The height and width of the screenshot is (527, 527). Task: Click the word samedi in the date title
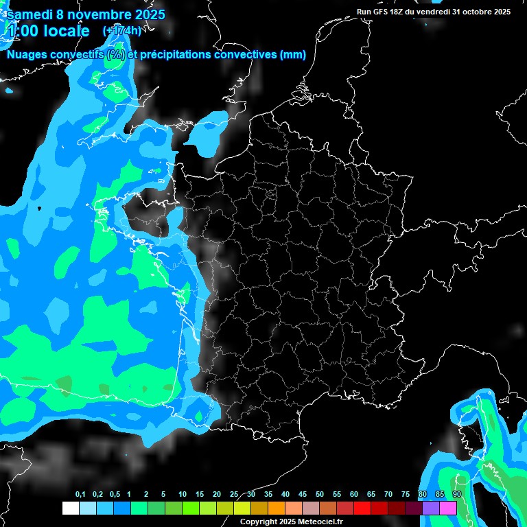coord(30,14)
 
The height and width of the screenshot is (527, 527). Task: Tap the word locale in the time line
coord(65,31)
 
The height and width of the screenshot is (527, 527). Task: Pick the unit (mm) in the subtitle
coord(293,55)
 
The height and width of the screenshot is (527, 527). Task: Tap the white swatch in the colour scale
coord(70,508)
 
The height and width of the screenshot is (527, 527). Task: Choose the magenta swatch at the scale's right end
coord(448,508)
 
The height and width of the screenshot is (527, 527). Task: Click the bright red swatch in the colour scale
coord(362,508)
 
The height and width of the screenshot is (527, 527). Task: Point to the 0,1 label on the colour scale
coord(80,494)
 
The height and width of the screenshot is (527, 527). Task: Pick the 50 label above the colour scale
coord(320,494)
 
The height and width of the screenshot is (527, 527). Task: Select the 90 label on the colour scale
coord(457,494)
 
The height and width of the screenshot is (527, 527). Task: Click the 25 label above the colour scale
coord(234,494)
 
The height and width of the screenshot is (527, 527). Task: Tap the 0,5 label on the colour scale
coord(115,494)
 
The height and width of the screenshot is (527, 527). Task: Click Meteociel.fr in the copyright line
coord(318,522)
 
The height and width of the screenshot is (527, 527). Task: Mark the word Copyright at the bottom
coord(259,522)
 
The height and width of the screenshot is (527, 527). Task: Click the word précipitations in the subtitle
coord(175,55)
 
